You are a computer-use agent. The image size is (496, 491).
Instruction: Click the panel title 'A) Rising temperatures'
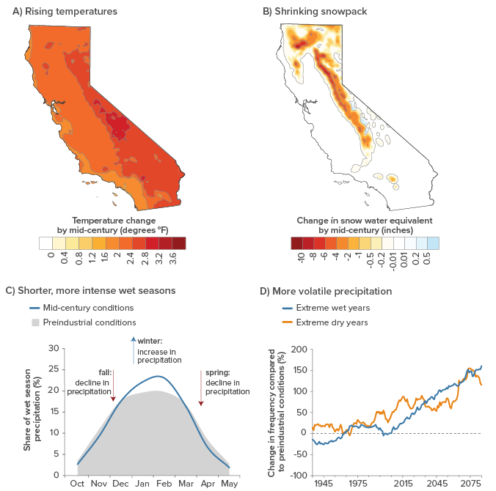pos(65,12)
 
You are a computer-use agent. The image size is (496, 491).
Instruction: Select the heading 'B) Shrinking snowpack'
pos(315,12)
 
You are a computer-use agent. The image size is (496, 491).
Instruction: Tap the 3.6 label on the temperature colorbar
pos(172,258)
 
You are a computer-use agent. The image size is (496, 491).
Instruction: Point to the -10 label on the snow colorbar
pos(301,258)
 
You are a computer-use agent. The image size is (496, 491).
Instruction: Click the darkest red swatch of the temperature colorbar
pos(179,243)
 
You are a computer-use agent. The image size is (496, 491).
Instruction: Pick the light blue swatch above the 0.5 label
pos(433,243)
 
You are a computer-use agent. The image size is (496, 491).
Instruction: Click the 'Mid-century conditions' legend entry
pos(81,308)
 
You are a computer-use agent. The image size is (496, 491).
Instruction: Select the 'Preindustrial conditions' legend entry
pos(84,322)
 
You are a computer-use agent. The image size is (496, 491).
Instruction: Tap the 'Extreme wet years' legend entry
pos(326,308)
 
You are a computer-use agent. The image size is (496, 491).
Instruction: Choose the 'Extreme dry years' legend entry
pos(325,322)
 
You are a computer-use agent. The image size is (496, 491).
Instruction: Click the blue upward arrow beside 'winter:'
pos(134,350)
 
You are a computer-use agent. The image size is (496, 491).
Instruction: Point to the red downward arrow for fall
pos(113,385)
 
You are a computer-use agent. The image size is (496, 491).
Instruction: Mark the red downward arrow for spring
pos(201,388)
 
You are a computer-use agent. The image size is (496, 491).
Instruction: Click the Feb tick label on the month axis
pos(164,484)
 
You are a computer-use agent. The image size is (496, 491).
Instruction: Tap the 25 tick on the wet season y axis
pos(54,369)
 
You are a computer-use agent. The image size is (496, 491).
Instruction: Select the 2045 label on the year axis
pos(437,484)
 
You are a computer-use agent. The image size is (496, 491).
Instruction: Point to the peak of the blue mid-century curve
pos(158,376)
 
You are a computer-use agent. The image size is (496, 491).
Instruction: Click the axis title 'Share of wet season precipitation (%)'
pos(32,410)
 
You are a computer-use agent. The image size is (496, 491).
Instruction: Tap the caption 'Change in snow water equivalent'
pos(365,221)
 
